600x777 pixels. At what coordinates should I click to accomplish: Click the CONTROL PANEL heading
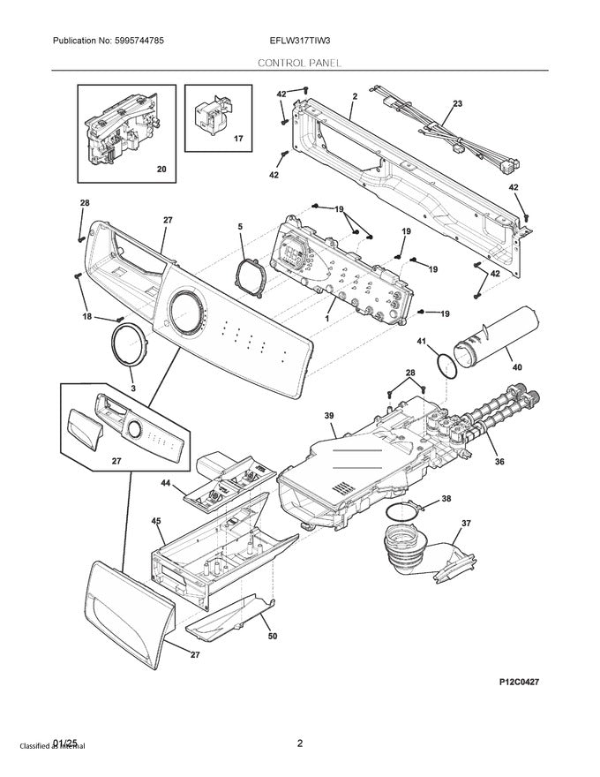point(299,64)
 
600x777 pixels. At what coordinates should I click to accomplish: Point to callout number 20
point(161,169)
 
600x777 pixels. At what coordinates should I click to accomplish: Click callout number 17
point(237,140)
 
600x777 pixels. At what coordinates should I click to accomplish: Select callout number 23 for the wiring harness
point(457,104)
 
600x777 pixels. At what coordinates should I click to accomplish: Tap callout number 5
point(239,227)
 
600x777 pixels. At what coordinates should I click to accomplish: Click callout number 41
point(422,341)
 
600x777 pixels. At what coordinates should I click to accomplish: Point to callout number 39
point(328,415)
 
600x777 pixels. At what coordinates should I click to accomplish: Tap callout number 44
point(165,483)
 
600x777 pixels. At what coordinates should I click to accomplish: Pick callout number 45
point(156,522)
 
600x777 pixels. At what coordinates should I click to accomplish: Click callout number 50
point(272,637)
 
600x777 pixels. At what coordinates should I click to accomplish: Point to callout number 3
point(133,388)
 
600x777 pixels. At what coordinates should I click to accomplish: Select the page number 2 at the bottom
point(300,743)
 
